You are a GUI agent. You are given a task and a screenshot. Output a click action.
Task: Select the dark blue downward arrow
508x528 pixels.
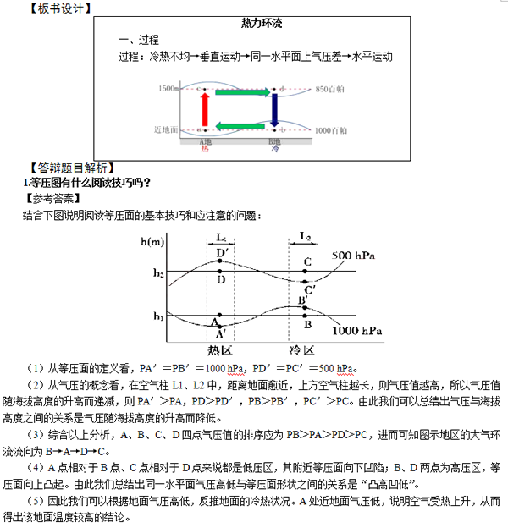(x=274, y=108)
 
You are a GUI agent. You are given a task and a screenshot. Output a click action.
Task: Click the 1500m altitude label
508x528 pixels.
(x=168, y=88)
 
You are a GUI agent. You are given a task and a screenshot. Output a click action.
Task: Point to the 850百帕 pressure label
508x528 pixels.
(x=330, y=88)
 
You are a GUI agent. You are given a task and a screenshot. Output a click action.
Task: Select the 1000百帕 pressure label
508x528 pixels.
(x=330, y=131)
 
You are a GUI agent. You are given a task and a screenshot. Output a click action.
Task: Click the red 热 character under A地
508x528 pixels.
(x=204, y=149)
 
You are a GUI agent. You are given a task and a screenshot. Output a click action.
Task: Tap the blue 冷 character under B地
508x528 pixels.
(x=274, y=149)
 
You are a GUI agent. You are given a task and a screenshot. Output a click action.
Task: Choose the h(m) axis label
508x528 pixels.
(x=153, y=242)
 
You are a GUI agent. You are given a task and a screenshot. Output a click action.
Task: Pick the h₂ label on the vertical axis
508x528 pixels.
(x=157, y=272)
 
